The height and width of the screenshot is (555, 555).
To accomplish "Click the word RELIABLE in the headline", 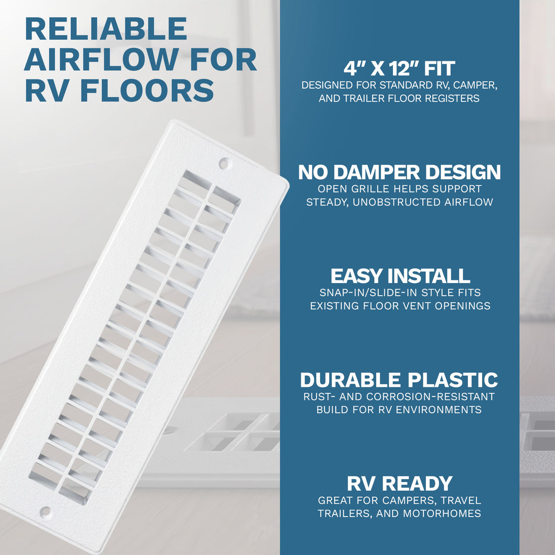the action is tap(106, 29).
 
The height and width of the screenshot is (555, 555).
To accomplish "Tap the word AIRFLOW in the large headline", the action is tap(101, 59).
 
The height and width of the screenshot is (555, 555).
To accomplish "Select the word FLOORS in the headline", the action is tap(147, 90).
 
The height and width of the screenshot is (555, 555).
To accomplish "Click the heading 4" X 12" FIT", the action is tap(399, 68).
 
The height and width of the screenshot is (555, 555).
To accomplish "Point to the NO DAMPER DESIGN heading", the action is tap(399, 172).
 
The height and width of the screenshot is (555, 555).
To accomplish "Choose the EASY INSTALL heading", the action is tap(400, 276).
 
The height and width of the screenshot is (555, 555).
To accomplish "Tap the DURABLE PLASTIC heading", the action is tap(399, 380).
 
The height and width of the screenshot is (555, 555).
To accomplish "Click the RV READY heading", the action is tap(400, 484).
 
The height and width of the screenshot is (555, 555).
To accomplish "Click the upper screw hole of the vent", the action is tap(224, 164).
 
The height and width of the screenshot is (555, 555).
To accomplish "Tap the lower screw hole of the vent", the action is tap(46, 511).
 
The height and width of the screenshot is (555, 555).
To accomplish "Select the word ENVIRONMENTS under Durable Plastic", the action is tap(439, 410).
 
